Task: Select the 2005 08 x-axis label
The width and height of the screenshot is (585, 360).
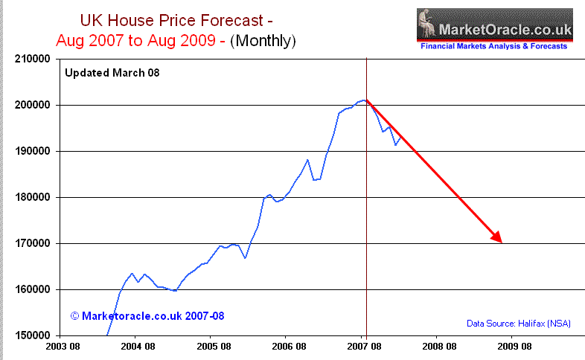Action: [213, 347]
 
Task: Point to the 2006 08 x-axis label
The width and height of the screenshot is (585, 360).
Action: [288, 347]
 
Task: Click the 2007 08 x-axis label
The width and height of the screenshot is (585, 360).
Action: [364, 347]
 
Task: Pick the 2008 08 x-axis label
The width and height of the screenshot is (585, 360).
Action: [439, 347]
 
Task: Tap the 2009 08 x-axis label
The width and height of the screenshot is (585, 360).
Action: [514, 347]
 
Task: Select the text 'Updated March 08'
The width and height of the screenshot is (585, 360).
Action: [112, 73]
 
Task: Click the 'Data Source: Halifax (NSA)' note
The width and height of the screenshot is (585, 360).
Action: [520, 323]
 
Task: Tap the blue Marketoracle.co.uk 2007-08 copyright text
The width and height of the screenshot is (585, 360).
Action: [147, 316]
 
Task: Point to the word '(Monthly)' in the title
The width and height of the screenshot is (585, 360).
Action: [262, 41]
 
